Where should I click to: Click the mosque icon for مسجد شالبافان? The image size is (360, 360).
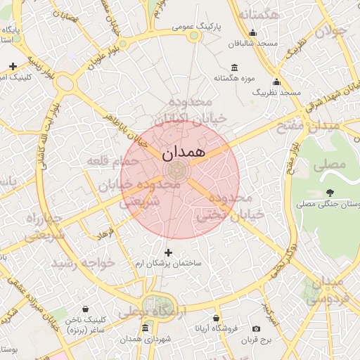(253, 32)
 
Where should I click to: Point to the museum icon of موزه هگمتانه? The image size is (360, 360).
(234, 68)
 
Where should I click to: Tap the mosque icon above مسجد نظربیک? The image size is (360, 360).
(276, 81)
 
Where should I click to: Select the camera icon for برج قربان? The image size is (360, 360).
(256, 328)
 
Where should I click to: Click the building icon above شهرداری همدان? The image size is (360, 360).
(145, 328)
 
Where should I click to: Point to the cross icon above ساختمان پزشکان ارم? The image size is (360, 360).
(168, 252)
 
